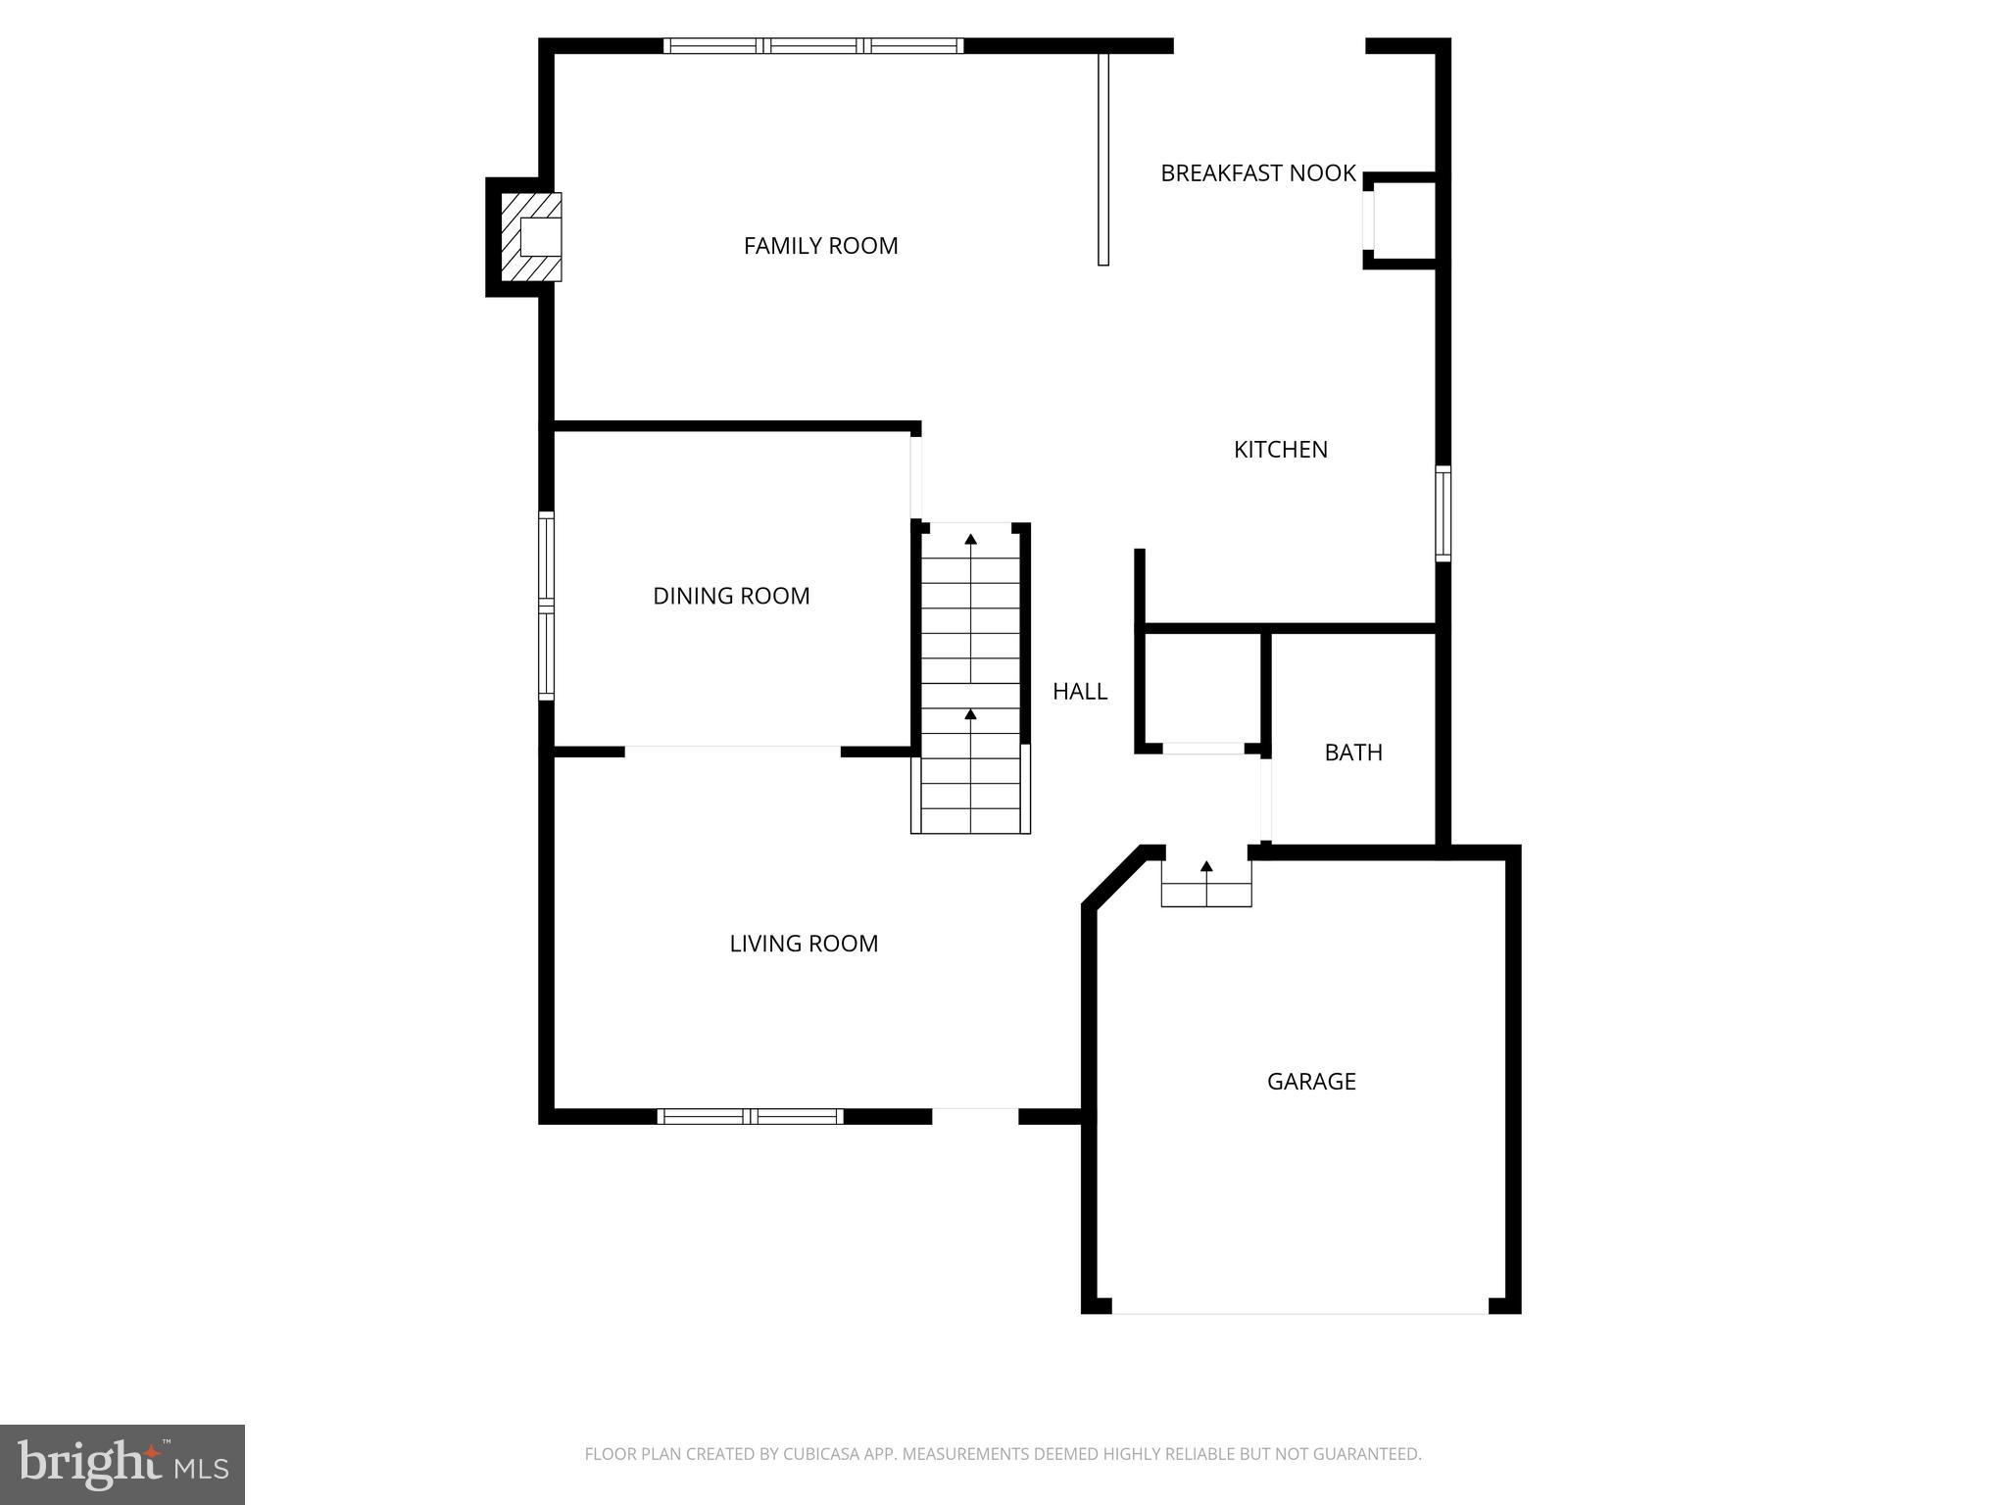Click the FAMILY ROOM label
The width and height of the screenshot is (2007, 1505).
click(820, 246)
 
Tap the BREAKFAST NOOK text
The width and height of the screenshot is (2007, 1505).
click(1257, 173)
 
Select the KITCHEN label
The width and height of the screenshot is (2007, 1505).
click(1280, 450)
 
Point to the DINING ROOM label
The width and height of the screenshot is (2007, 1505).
click(731, 596)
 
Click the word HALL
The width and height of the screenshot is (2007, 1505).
click(1080, 692)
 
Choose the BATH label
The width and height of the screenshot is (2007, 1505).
click(1353, 752)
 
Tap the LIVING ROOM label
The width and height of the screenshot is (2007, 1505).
click(804, 944)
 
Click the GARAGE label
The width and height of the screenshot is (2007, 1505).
click(1311, 1082)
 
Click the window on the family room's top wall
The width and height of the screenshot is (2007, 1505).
click(812, 46)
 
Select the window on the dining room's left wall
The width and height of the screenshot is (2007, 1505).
click(547, 606)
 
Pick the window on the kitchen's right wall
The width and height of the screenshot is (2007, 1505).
click(1443, 513)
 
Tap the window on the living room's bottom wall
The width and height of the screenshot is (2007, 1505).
click(750, 1116)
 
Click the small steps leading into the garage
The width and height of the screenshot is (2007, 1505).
click(1206, 884)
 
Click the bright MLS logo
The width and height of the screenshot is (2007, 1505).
click(122, 1464)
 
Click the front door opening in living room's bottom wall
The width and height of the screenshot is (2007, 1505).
click(975, 1116)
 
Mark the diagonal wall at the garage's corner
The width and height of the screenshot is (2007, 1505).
click(1113, 878)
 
